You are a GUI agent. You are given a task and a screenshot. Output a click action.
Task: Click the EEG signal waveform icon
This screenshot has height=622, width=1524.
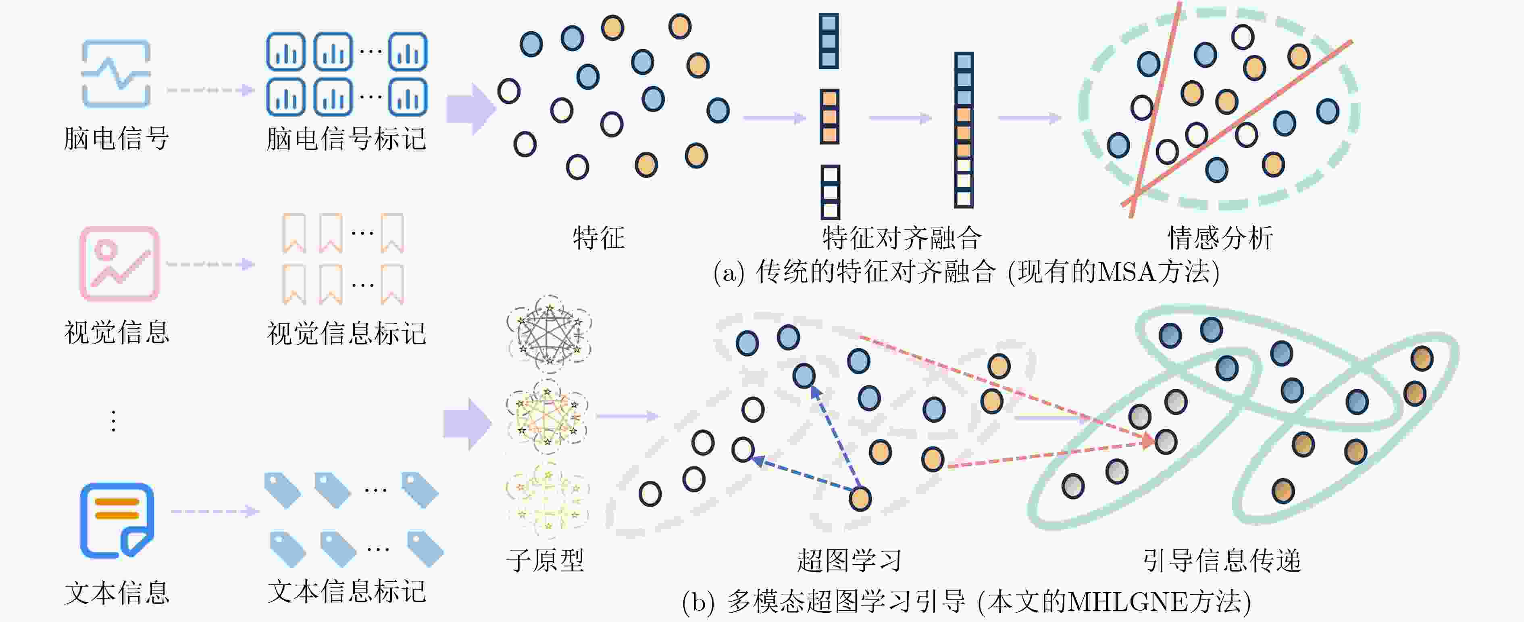coord(116,73)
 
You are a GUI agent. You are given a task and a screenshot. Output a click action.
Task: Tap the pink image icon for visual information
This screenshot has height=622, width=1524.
coord(119,264)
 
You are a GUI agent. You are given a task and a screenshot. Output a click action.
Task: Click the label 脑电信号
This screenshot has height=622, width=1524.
coord(117,138)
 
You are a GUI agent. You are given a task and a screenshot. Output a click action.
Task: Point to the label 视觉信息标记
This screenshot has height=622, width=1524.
coord(346,333)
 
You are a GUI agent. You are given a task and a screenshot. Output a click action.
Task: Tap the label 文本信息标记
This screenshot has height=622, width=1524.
coord(346,591)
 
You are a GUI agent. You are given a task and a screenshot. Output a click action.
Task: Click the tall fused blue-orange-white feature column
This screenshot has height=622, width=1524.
coord(964,130)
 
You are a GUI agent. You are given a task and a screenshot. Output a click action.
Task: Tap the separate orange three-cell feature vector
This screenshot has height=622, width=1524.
coord(829,117)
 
